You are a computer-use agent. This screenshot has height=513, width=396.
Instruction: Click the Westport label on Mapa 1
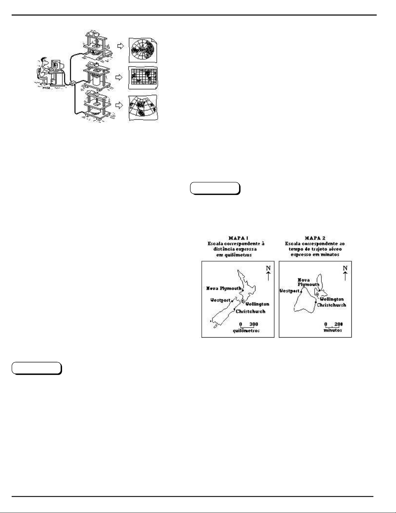(220, 300)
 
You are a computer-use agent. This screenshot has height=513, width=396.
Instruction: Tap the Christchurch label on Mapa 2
(331, 305)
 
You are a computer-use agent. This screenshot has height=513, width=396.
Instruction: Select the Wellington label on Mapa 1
(257, 304)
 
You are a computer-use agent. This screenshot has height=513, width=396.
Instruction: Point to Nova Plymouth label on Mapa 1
(224, 288)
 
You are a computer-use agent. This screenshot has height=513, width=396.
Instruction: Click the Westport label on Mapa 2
(289, 291)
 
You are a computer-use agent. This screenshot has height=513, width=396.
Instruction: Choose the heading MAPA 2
(315, 238)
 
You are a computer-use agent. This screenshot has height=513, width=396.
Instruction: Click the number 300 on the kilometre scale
(254, 324)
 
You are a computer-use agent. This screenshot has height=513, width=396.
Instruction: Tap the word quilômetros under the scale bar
(246, 331)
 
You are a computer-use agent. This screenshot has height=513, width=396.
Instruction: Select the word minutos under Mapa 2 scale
(333, 330)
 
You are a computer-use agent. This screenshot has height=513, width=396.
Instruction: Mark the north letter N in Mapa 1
(268, 268)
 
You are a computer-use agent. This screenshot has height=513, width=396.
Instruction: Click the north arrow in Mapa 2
(345, 276)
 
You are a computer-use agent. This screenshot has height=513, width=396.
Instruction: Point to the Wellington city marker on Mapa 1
(243, 301)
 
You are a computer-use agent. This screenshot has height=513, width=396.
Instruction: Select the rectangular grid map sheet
(143, 78)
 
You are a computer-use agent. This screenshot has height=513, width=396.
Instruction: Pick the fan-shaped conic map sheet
(143, 108)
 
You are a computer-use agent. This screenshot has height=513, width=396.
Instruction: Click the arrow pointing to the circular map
(120, 47)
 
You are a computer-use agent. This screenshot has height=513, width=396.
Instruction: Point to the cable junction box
(73, 83)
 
